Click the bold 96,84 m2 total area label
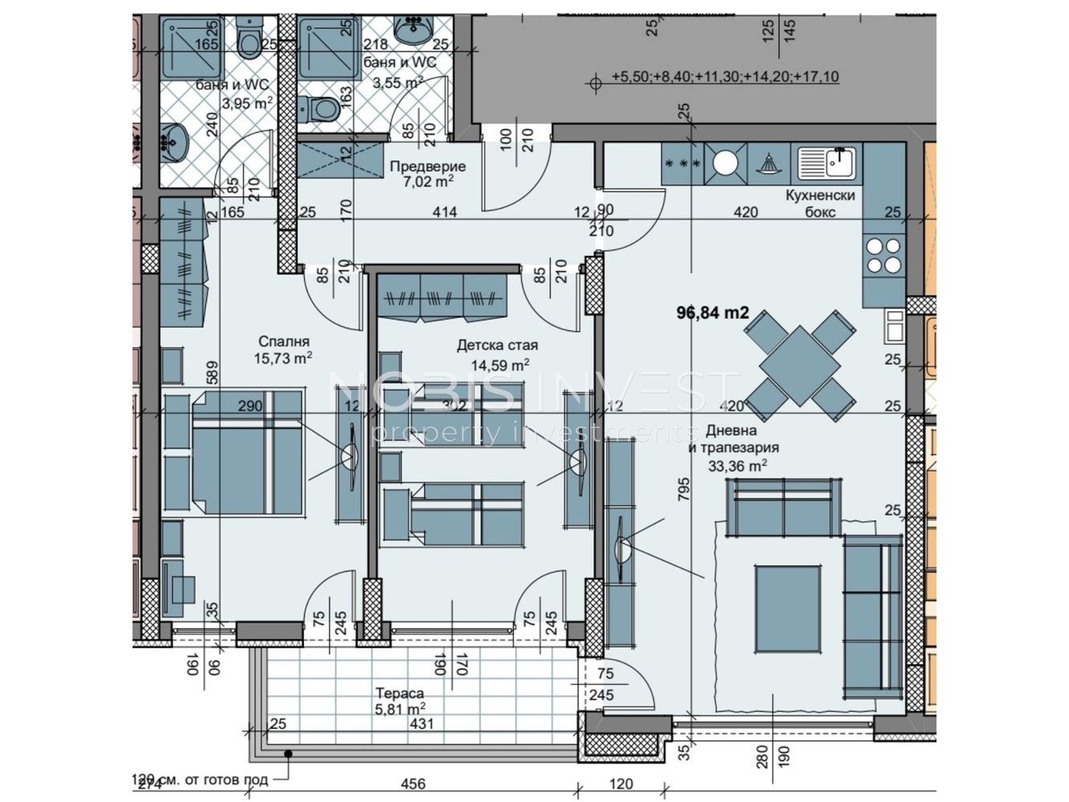coord(714,313)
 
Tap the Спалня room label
coord(282,341)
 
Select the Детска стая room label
coord(497,346)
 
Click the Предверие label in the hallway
coord(427,167)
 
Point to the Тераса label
coord(399,693)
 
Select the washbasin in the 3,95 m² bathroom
coord(173,143)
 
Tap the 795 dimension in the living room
coord(684,489)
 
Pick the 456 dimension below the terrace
coord(412,784)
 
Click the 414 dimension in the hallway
coord(444,213)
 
